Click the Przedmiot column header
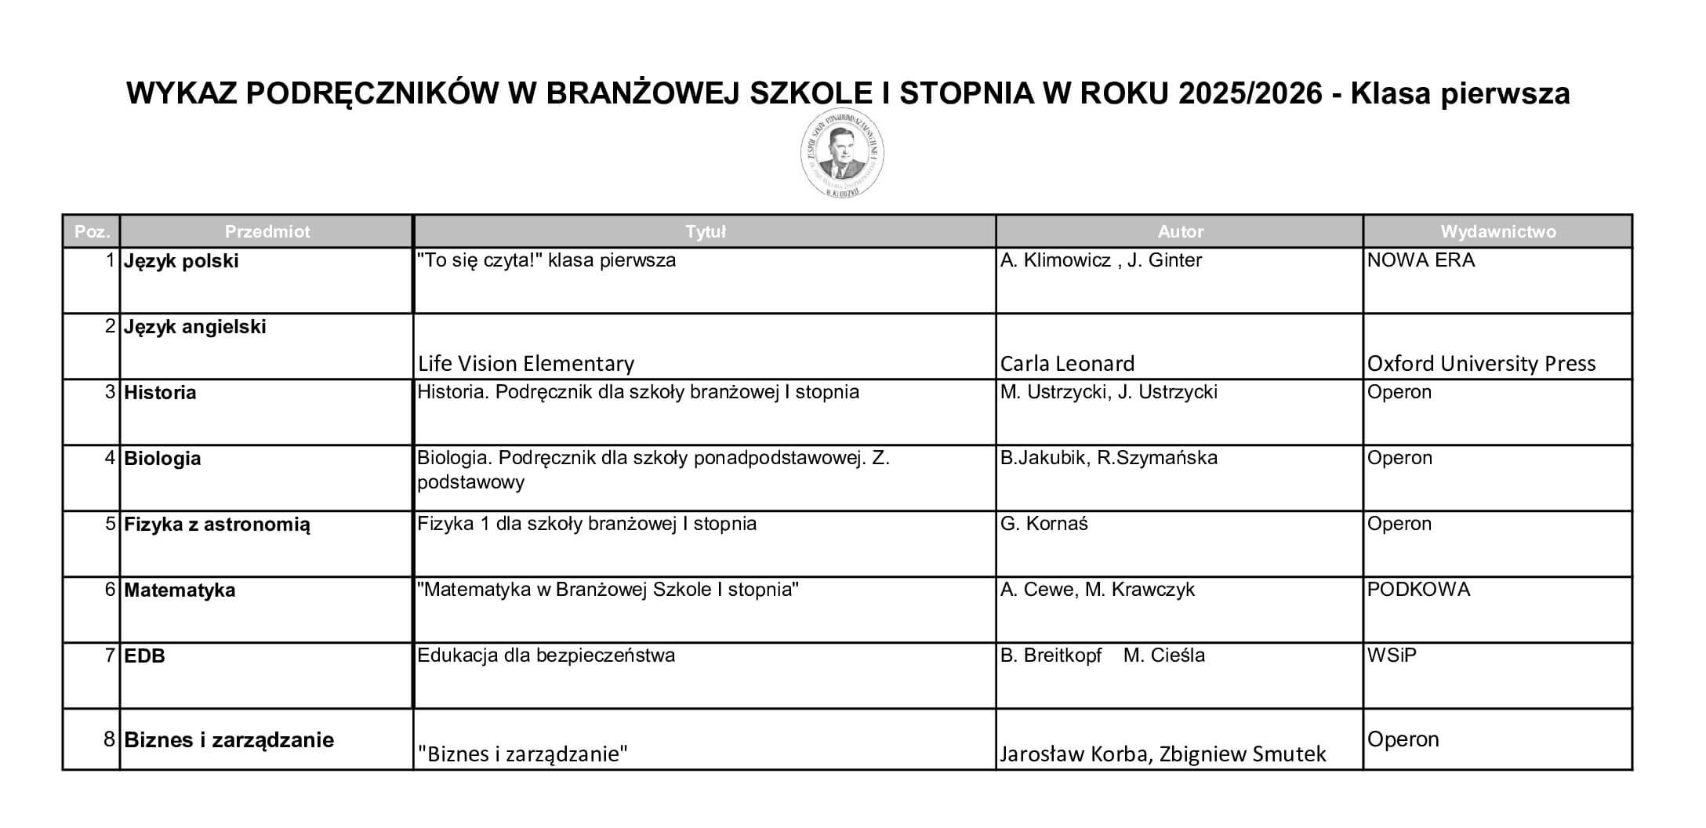pos(267,231)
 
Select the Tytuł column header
pos(705,231)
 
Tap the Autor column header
pos(1180,231)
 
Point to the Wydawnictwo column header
pos(1497,231)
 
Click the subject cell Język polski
pos(181,261)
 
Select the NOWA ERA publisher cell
pos(1421,260)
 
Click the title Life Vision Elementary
pos(525,364)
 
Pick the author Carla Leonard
pos(1067,364)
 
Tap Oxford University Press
pos(1481,364)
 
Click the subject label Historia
pos(160,393)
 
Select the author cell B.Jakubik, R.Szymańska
pos(1109,458)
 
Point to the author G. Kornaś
pos(1044,524)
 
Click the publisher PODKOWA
pos(1418,590)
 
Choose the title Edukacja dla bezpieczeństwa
pos(546,655)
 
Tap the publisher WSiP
pos(1392,655)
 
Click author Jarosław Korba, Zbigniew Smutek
pos(1163,754)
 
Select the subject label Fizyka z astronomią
pos(217,525)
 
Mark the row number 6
pos(111,590)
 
